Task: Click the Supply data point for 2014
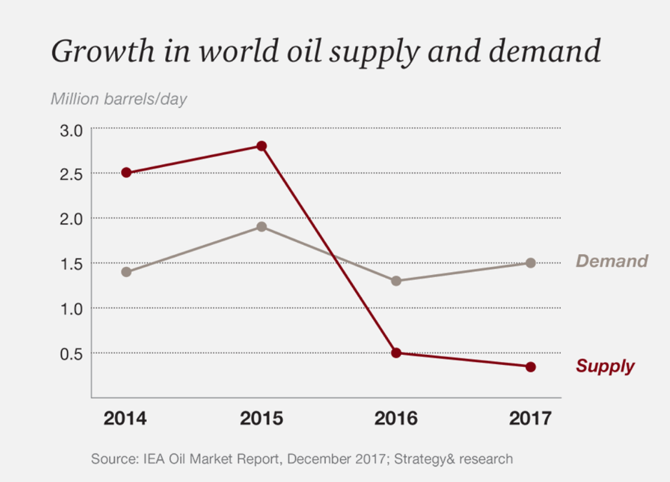click(x=126, y=173)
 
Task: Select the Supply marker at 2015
click(x=261, y=146)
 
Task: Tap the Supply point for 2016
click(x=396, y=353)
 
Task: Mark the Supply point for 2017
click(x=531, y=367)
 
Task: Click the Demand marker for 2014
click(x=126, y=272)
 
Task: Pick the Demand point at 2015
click(x=261, y=227)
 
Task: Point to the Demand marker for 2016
click(x=396, y=281)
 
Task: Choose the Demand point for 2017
click(x=531, y=263)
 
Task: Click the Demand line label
click(x=611, y=261)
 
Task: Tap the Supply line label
click(x=605, y=367)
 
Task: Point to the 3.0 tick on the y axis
click(x=72, y=129)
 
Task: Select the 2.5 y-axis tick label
click(x=72, y=174)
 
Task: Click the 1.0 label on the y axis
click(x=72, y=308)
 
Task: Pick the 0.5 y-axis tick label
click(x=72, y=353)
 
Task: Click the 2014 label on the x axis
click(x=125, y=418)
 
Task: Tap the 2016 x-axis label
click(x=396, y=418)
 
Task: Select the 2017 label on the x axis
click(x=530, y=418)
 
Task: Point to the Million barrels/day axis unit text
click(x=119, y=99)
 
